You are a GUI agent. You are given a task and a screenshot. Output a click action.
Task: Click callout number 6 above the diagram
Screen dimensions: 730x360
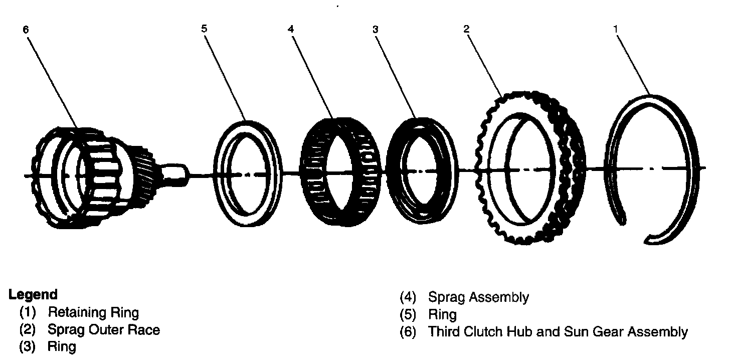[x=26, y=30]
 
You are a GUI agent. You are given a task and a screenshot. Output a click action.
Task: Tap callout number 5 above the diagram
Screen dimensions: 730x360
[x=204, y=29]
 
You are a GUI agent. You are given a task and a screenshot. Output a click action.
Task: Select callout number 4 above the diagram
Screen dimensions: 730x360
[x=291, y=29]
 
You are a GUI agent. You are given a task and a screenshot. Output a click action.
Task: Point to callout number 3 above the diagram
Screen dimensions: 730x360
[x=376, y=30]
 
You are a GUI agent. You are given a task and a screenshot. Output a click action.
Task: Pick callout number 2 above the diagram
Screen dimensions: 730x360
[x=466, y=29]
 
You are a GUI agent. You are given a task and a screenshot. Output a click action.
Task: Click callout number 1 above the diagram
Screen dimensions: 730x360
[x=616, y=29]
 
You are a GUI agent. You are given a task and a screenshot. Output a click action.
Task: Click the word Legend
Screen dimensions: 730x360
[x=33, y=294]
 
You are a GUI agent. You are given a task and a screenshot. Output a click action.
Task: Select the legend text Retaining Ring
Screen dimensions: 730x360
[x=93, y=312]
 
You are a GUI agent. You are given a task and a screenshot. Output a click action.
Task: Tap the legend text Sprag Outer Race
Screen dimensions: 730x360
[x=104, y=330]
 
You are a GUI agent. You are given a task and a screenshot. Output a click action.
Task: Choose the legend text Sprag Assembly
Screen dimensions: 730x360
[x=478, y=297]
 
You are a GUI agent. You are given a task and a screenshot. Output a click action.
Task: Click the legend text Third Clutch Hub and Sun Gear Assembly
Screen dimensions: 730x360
[x=558, y=331]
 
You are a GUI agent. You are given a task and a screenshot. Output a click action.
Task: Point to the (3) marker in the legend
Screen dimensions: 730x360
[x=28, y=346]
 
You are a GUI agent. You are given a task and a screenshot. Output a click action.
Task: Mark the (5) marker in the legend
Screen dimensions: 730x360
[x=408, y=314]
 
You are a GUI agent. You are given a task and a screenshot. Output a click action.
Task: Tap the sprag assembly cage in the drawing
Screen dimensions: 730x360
[x=341, y=171]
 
